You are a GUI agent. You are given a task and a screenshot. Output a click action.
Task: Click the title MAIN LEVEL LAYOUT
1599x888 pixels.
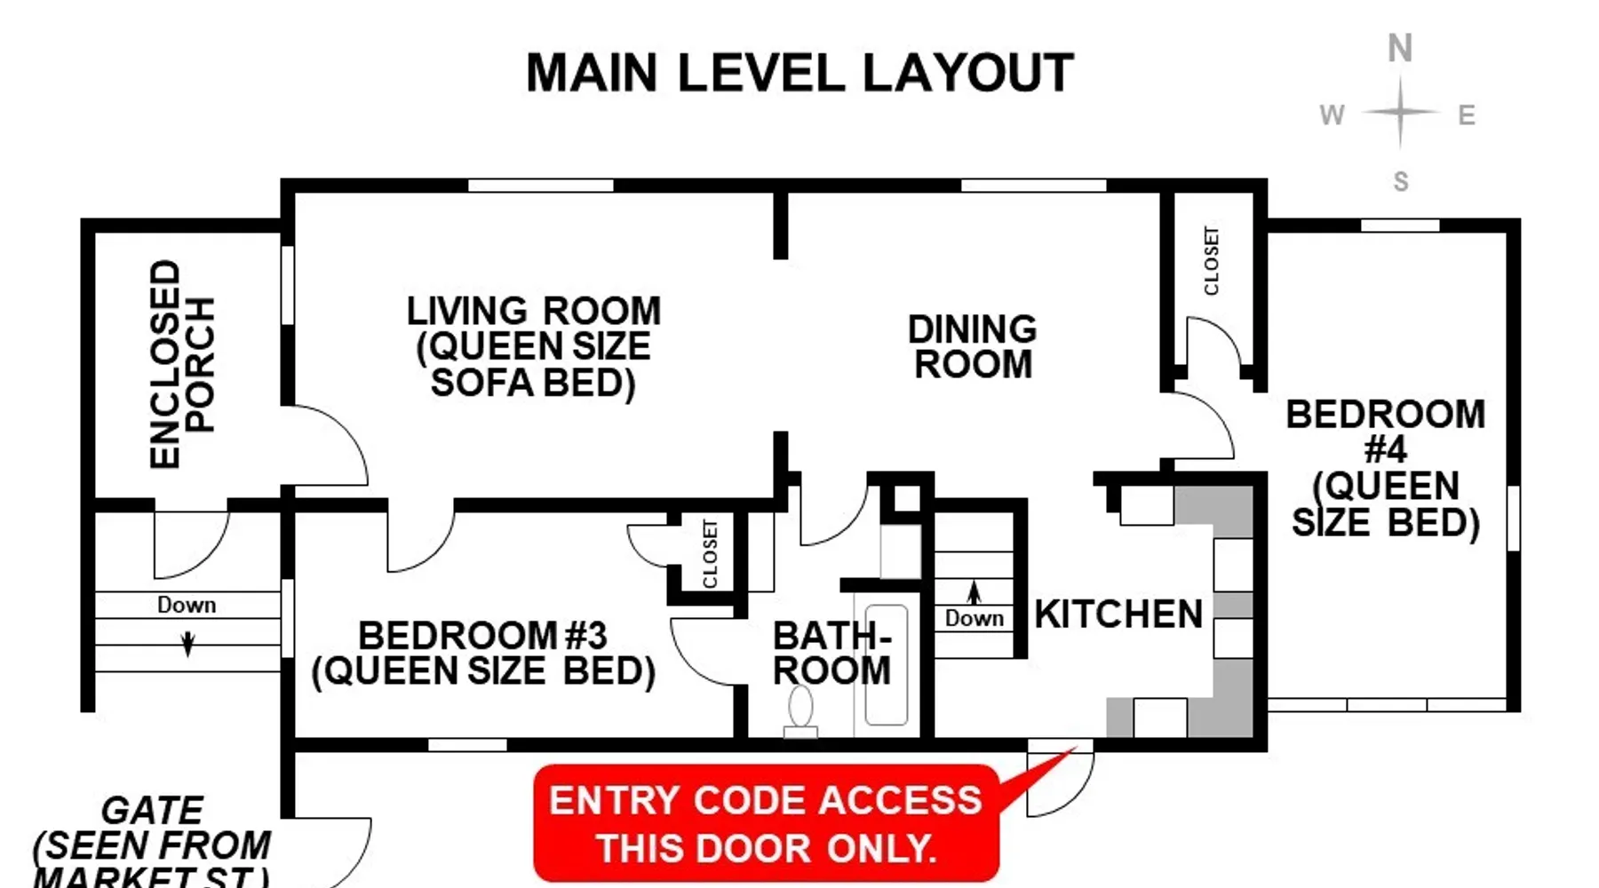click(799, 73)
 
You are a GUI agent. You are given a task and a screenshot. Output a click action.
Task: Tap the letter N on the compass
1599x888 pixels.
click(1400, 48)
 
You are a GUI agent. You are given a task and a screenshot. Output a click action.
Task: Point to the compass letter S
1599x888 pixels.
click(1401, 181)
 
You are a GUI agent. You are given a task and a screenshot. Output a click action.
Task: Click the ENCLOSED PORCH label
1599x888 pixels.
click(182, 364)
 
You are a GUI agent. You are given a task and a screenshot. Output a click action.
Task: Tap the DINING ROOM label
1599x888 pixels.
click(973, 347)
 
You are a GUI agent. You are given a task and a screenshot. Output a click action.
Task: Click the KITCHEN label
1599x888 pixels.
click(1119, 614)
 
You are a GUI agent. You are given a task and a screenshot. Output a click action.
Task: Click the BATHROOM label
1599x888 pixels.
click(832, 654)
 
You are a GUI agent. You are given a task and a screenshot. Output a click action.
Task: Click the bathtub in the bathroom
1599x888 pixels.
click(886, 665)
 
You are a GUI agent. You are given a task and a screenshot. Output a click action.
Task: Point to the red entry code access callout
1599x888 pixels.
click(767, 823)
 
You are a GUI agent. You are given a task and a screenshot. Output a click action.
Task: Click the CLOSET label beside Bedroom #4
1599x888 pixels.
click(1211, 260)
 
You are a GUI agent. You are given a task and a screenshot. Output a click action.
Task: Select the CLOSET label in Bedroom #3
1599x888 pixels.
click(710, 554)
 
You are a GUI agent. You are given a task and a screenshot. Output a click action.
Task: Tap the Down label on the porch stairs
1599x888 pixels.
click(187, 605)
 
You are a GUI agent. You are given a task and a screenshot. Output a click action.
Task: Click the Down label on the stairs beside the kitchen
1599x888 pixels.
click(975, 618)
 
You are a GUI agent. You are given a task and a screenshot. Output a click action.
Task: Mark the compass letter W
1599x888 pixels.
click(1332, 115)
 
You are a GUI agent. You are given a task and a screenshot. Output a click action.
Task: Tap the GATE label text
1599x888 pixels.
click(153, 810)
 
